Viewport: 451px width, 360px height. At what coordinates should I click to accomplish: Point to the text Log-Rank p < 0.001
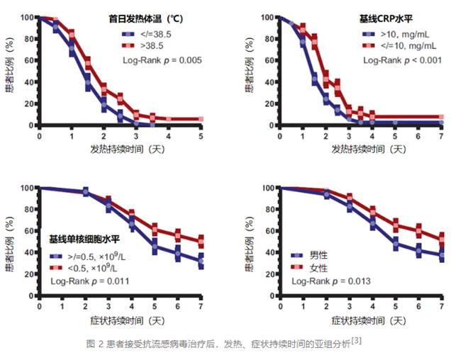(402, 60)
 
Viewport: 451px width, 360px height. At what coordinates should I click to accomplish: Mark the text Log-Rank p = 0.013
(330, 281)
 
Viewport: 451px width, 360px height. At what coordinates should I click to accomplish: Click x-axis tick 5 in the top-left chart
(201, 135)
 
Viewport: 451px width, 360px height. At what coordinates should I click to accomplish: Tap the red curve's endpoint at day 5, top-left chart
(201, 120)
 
